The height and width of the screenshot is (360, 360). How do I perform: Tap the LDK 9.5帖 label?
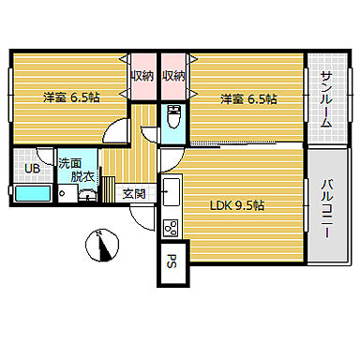(x=235, y=205)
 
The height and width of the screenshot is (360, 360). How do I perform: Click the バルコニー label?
(x=327, y=206)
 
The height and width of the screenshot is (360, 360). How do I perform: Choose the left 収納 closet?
(x=142, y=76)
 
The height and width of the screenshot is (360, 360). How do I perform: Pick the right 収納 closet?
(x=173, y=76)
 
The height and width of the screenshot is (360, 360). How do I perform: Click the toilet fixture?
(x=172, y=120)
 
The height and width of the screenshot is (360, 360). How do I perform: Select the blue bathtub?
(x=34, y=194)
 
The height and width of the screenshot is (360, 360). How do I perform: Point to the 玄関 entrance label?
(x=134, y=194)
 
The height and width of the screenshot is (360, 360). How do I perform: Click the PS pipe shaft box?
(x=173, y=262)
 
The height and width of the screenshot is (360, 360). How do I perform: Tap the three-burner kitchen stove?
(x=171, y=226)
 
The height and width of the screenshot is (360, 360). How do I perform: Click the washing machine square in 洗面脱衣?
(x=66, y=193)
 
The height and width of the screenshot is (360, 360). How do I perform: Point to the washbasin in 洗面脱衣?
(x=86, y=194)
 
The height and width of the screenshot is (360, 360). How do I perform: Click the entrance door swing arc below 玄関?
(x=140, y=219)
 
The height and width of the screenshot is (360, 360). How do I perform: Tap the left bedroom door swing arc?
(x=116, y=132)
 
